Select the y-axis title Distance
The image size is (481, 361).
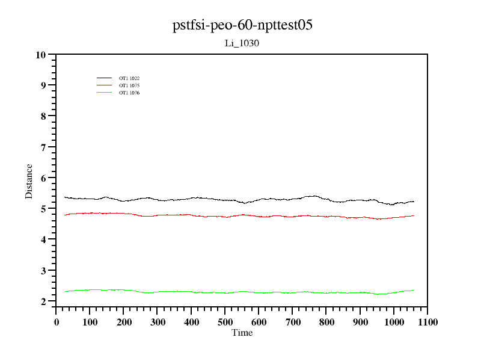(29, 180)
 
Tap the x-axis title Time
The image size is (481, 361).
(242, 333)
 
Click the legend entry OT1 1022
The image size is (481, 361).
(129, 78)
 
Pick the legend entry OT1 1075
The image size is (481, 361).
(129, 85)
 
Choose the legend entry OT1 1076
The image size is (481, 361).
(129, 93)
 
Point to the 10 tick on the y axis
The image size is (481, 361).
(41, 55)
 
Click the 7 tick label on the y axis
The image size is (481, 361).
(43, 147)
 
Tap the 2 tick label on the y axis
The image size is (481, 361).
(43, 301)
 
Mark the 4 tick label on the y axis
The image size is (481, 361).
(43, 239)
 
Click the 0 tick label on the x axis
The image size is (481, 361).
(57, 322)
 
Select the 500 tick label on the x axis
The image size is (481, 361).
(225, 322)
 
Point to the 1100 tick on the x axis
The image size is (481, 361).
(427, 322)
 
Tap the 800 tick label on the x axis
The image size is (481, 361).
(326, 322)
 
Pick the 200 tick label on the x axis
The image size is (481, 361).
(124, 322)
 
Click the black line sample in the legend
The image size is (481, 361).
(105, 78)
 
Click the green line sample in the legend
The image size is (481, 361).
(105, 93)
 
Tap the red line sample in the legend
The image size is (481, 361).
(105, 85)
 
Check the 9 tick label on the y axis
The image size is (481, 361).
(43, 85)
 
